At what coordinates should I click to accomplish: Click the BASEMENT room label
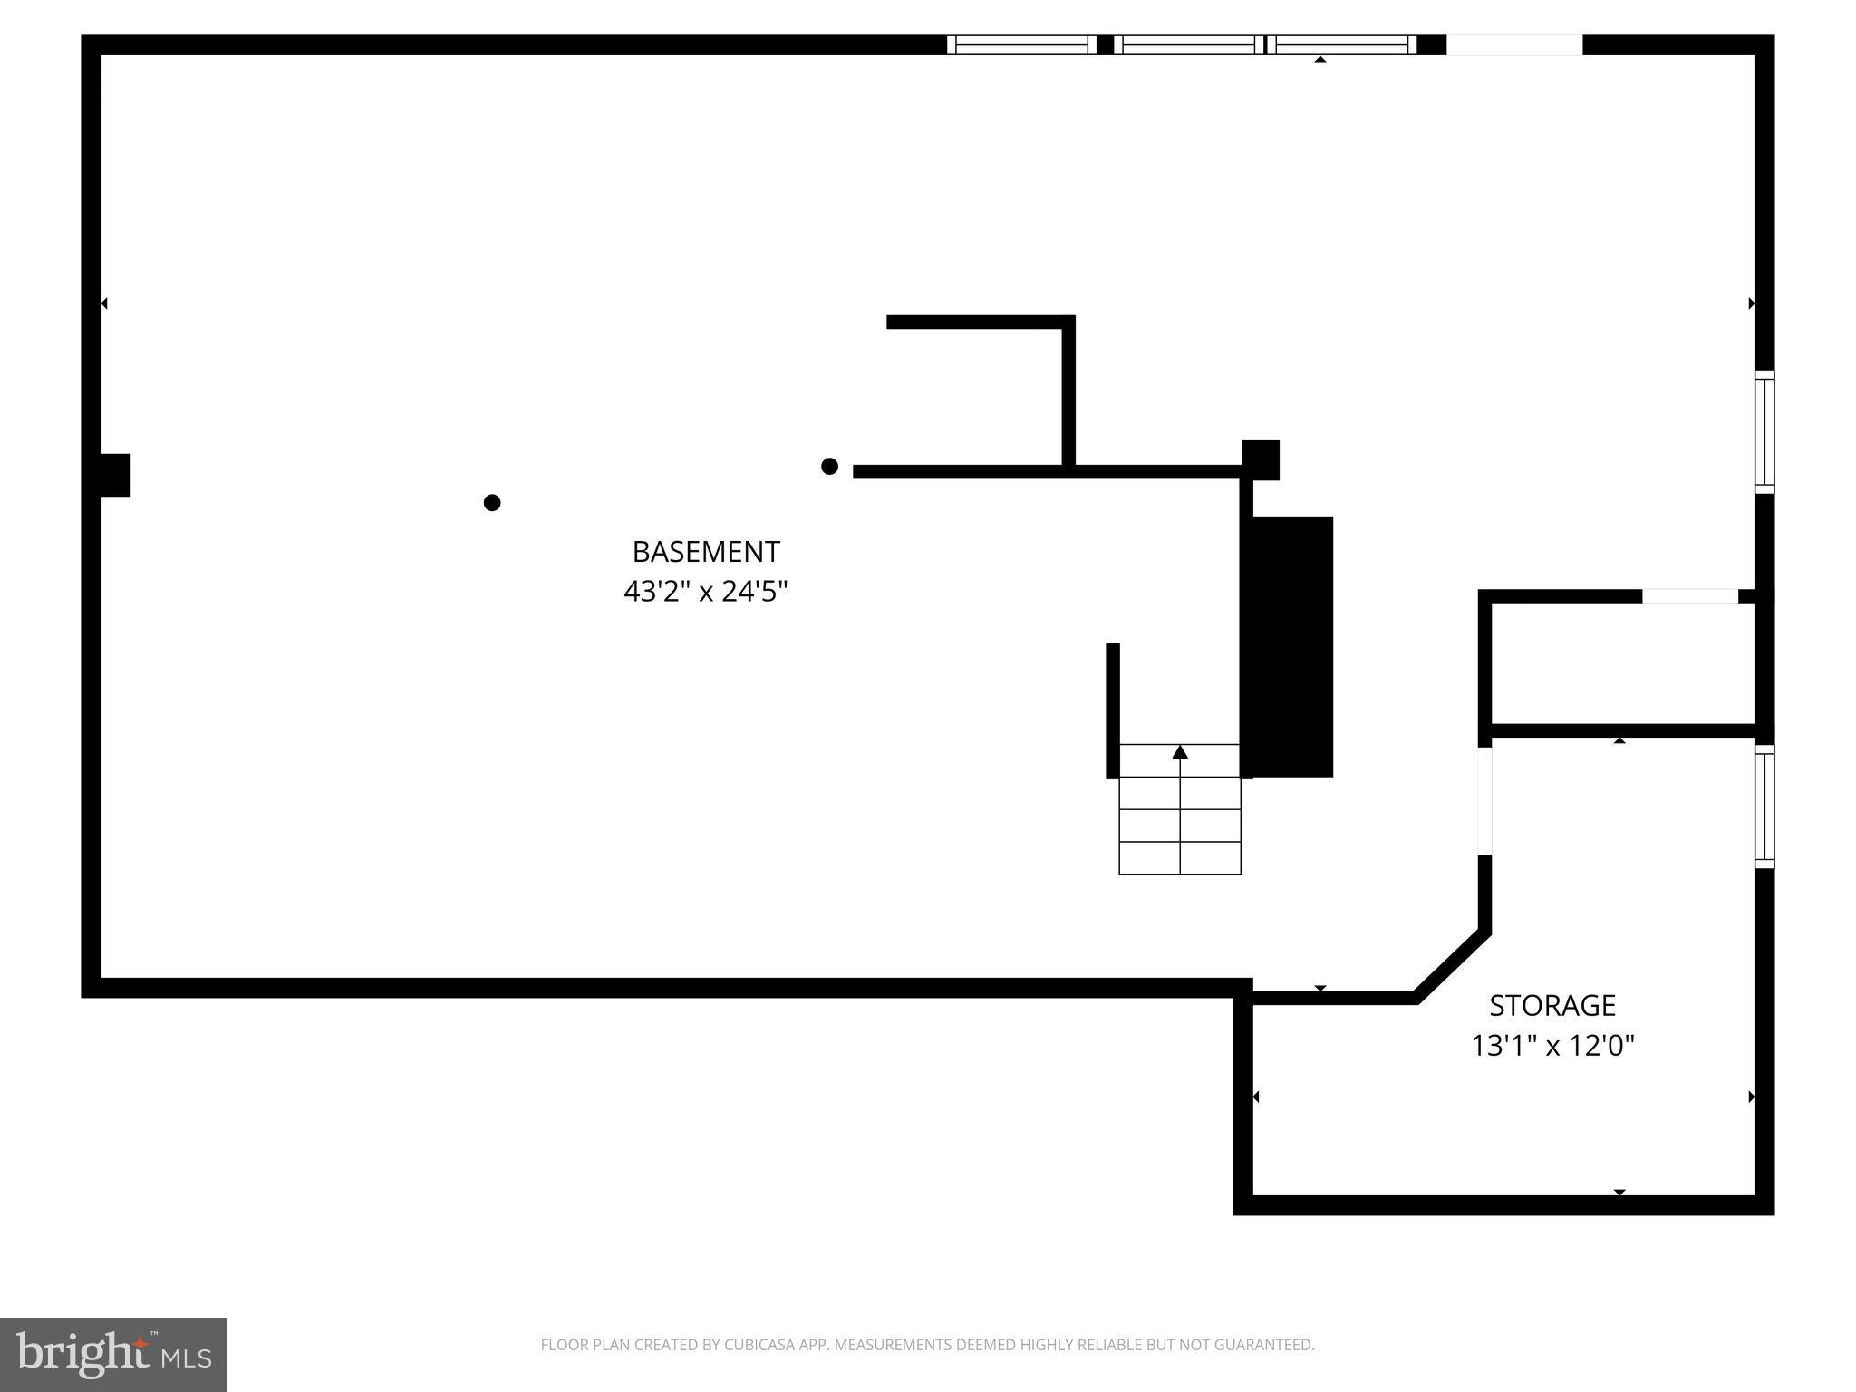click(705, 552)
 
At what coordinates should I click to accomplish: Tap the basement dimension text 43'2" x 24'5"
click(705, 592)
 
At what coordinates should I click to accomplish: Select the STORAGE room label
click(1552, 1005)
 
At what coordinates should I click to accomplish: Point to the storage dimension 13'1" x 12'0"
click(1552, 1046)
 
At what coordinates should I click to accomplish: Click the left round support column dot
click(492, 502)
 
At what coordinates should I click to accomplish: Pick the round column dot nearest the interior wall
click(829, 466)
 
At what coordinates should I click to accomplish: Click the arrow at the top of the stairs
click(1180, 752)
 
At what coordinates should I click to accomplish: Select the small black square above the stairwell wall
click(1261, 459)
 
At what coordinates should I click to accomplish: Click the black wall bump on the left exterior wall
click(115, 475)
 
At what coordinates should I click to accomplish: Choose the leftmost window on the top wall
click(1021, 45)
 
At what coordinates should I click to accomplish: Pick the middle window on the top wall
click(1189, 45)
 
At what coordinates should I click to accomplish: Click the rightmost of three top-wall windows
click(1343, 45)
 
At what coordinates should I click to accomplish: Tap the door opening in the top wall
click(1514, 45)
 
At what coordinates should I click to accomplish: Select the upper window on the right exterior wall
click(1764, 432)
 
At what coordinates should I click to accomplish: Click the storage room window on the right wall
click(1764, 807)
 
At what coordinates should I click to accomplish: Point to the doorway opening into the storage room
click(1484, 800)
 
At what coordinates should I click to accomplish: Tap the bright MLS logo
click(113, 1354)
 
